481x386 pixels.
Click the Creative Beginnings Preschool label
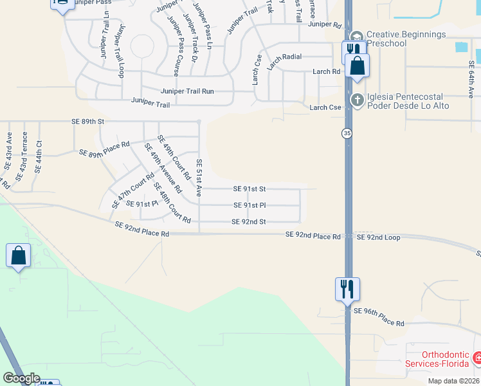pos(406,39)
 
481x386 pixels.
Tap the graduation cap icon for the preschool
pos(358,35)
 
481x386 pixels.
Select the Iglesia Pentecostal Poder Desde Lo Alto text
pos(408,101)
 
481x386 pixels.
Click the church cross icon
pos(358,100)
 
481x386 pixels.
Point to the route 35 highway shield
pos(347,133)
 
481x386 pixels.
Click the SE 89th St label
pos(87,121)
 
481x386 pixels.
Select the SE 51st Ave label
pos(199,178)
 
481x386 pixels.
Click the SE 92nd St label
pos(249,222)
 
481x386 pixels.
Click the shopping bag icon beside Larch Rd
pos(357,65)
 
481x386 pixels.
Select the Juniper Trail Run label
pos(187,91)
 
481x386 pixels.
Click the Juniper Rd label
pos(324,24)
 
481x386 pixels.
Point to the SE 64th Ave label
pos(471,78)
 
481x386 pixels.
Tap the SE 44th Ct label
pos(39,156)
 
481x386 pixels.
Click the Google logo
pos(21,378)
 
